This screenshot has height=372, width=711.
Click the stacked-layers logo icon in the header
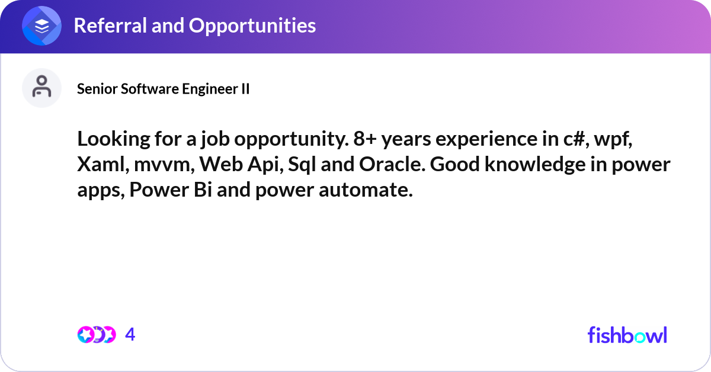click(x=42, y=25)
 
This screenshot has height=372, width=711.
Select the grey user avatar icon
click(x=42, y=88)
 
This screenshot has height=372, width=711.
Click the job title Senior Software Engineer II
click(x=163, y=89)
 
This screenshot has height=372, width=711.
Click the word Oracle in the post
click(x=392, y=165)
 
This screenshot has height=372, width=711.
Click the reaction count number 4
click(x=130, y=335)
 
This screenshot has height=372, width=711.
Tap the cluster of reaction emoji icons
click(x=96, y=335)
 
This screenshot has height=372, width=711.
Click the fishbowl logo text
click(x=627, y=335)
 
